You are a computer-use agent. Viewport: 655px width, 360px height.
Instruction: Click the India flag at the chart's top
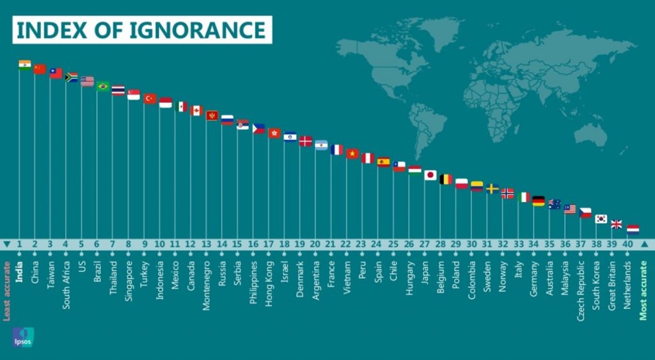(x=25, y=64)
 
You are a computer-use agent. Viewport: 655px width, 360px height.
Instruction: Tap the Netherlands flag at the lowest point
(x=633, y=229)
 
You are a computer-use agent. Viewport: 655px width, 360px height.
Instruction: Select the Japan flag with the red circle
(x=430, y=175)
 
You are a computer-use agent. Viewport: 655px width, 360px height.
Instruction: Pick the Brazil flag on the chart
(x=103, y=86)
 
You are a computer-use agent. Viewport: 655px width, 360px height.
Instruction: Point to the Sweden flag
(x=493, y=189)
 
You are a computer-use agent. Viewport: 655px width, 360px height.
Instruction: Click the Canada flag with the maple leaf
(x=196, y=111)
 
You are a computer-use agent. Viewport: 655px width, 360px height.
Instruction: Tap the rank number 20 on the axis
(x=315, y=244)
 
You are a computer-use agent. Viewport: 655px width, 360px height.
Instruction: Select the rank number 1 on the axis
(x=20, y=244)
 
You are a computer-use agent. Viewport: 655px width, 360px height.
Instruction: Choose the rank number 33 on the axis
(x=517, y=244)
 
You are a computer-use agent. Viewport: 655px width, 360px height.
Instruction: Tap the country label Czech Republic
(x=580, y=281)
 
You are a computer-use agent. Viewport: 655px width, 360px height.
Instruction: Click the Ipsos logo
(x=22, y=337)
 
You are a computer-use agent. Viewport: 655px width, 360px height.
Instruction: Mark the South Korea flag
(x=601, y=219)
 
